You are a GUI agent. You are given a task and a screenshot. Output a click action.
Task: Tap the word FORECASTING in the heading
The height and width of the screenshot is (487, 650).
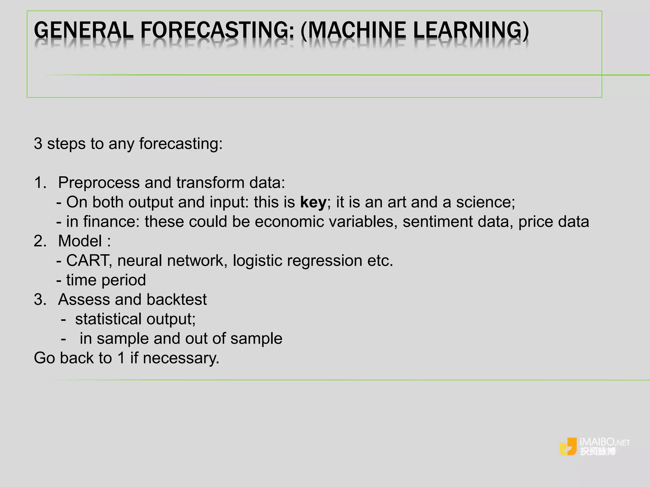(217, 30)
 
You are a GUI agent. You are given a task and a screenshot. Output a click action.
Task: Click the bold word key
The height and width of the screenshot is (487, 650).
(313, 202)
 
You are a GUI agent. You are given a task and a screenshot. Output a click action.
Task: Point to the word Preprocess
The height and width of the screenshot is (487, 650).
(99, 183)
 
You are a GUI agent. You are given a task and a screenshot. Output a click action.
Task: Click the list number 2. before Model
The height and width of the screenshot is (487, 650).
(40, 241)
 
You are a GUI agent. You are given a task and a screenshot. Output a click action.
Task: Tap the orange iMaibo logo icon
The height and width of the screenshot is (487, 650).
(568, 446)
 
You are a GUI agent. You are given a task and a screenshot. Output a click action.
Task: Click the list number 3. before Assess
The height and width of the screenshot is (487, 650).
(40, 300)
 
